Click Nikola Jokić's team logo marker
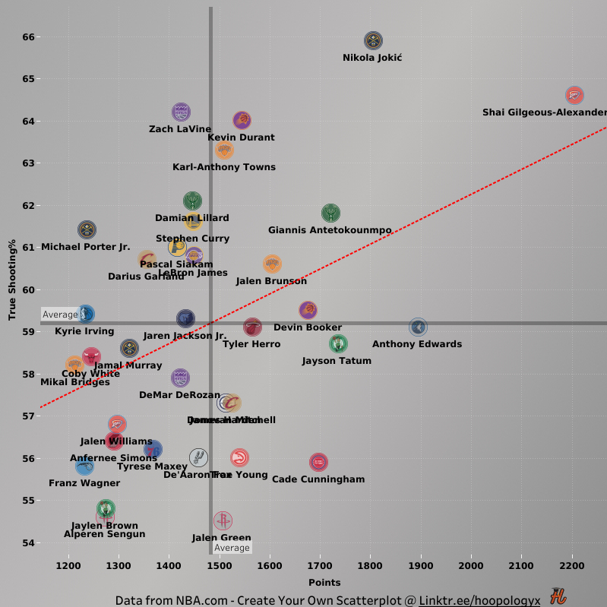(372, 41)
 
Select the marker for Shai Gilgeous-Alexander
(574, 96)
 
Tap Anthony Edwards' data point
(418, 327)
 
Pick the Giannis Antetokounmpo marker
(330, 213)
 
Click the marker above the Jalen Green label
(223, 520)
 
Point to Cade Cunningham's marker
(318, 462)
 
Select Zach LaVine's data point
(181, 112)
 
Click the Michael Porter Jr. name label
(86, 247)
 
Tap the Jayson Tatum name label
(337, 361)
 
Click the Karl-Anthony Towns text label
(224, 167)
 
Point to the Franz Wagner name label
(84, 483)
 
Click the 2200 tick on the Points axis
(571, 566)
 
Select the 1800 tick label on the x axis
(370, 566)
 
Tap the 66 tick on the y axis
(25, 37)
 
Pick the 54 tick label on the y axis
(25, 542)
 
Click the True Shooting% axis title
(12, 279)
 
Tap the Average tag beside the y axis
(60, 315)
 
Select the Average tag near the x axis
(232, 548)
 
